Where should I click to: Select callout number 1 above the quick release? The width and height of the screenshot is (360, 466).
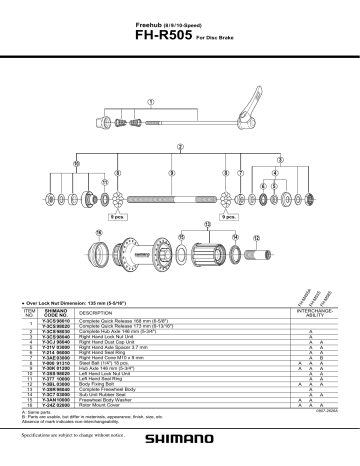click(150, 102)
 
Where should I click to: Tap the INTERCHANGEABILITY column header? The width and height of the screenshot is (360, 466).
click(298, 313)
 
